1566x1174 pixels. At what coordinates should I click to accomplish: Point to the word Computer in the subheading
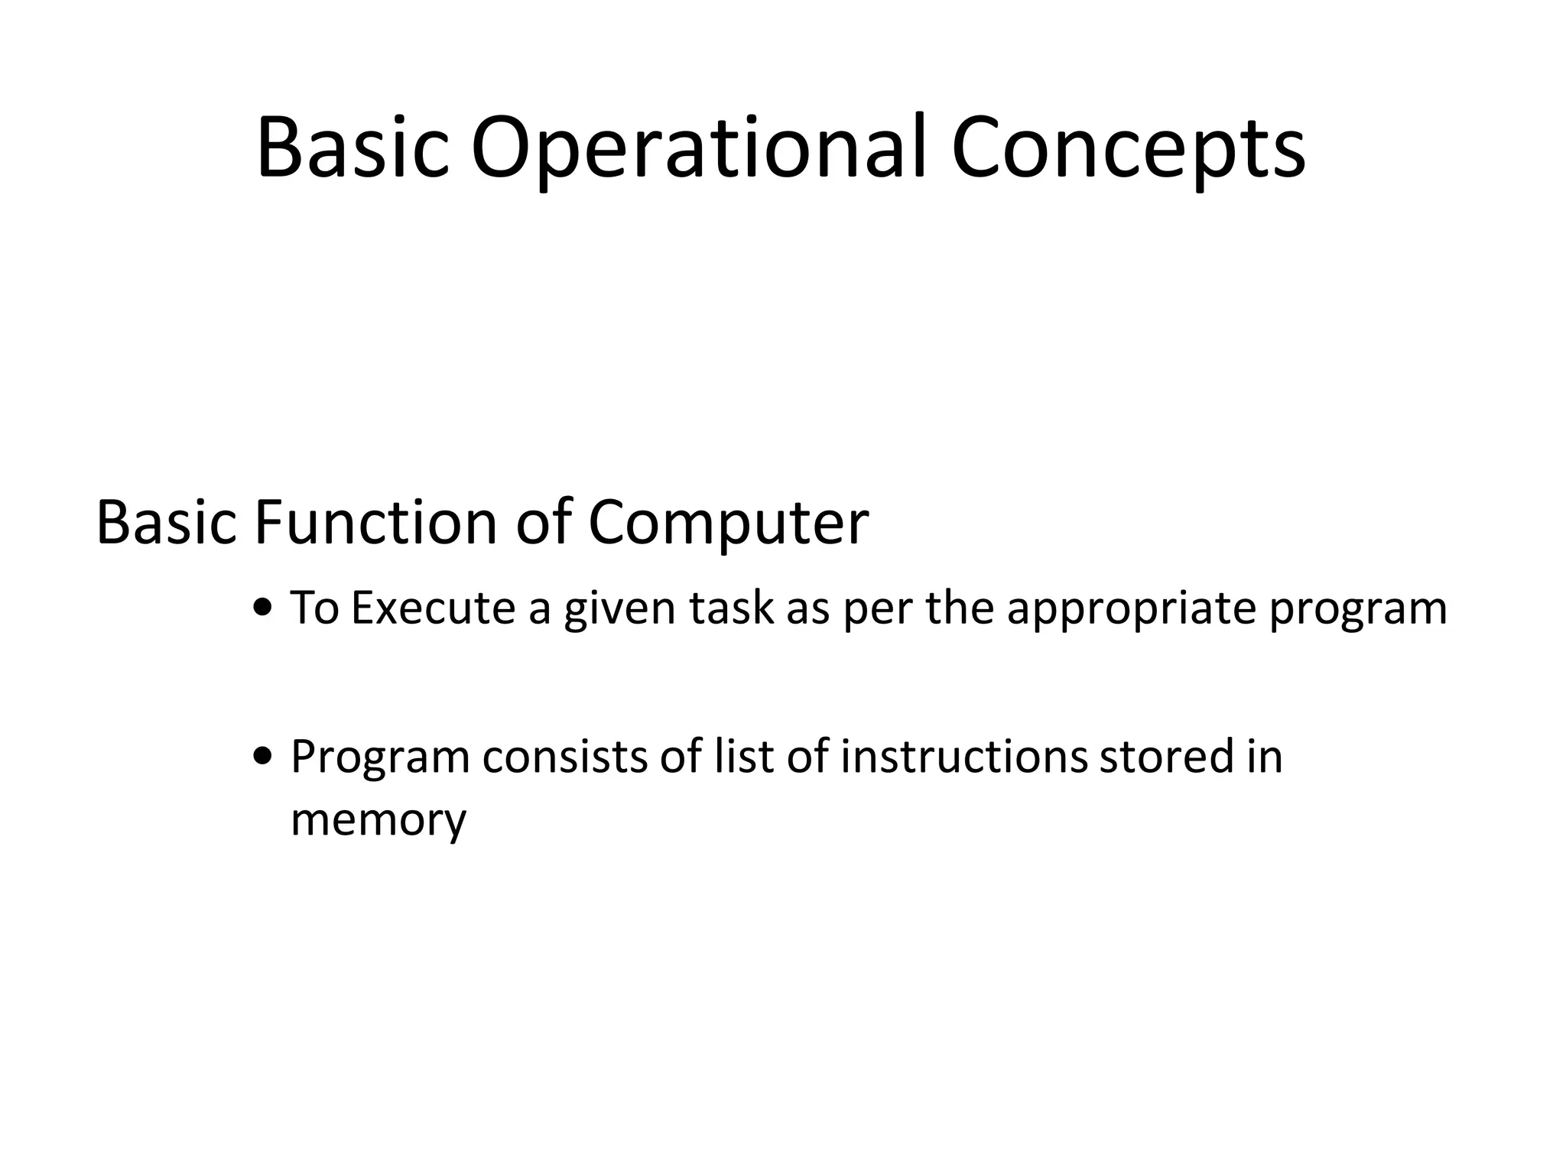point(728,524)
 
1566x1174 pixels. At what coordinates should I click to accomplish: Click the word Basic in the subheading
point(167,523)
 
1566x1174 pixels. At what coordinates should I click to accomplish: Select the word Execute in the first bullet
point(433,608)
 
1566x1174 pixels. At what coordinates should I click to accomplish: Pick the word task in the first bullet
point(732,608)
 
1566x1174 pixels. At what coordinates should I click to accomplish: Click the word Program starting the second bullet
point(380,757)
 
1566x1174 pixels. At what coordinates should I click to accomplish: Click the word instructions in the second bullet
point(963,756)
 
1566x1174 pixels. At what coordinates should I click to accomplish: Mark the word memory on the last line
point(379,820)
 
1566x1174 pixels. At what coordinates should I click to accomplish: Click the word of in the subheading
point(544,523)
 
